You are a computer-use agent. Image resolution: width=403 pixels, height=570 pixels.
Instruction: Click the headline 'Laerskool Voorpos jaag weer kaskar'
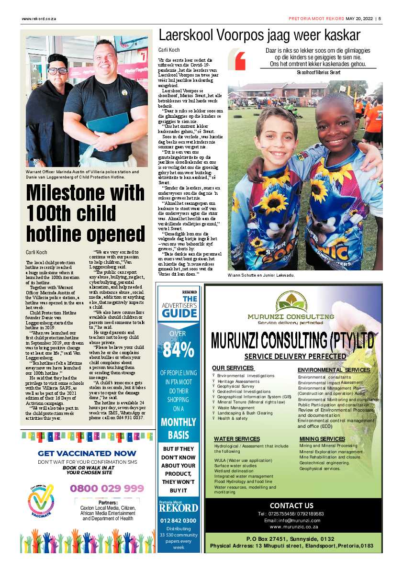(x=259, y=35)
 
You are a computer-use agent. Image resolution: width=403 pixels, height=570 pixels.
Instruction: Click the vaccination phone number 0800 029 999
(x=107, y=488)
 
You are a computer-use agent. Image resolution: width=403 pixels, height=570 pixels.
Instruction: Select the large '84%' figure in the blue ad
(x=178, y=350)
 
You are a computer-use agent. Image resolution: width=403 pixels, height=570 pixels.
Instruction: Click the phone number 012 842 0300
(x=178, y=520)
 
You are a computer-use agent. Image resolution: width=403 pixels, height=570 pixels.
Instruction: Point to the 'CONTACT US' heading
(x=291, y=505)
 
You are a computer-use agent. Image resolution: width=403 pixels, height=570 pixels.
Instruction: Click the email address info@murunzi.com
(x=291, y=520)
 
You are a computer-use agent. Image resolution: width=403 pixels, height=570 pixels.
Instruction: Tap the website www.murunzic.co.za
(x=294, y=526)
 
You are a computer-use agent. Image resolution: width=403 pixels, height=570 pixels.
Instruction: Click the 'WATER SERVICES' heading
(x=237, y=439)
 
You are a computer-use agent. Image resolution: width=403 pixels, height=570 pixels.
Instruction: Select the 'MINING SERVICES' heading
(x=322, y=439)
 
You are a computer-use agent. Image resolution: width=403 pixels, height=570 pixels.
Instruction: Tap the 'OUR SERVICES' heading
(x=233, y=368)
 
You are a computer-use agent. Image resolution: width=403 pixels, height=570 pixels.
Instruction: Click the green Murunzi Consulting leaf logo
(x=291, y=302)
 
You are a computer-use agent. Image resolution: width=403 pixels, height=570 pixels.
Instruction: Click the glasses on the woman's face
(x=57, y=70)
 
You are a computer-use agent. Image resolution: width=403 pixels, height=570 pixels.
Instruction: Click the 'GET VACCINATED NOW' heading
(x=87, y=454)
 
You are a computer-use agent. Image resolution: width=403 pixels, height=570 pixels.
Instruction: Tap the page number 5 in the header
(x=379, y=19)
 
